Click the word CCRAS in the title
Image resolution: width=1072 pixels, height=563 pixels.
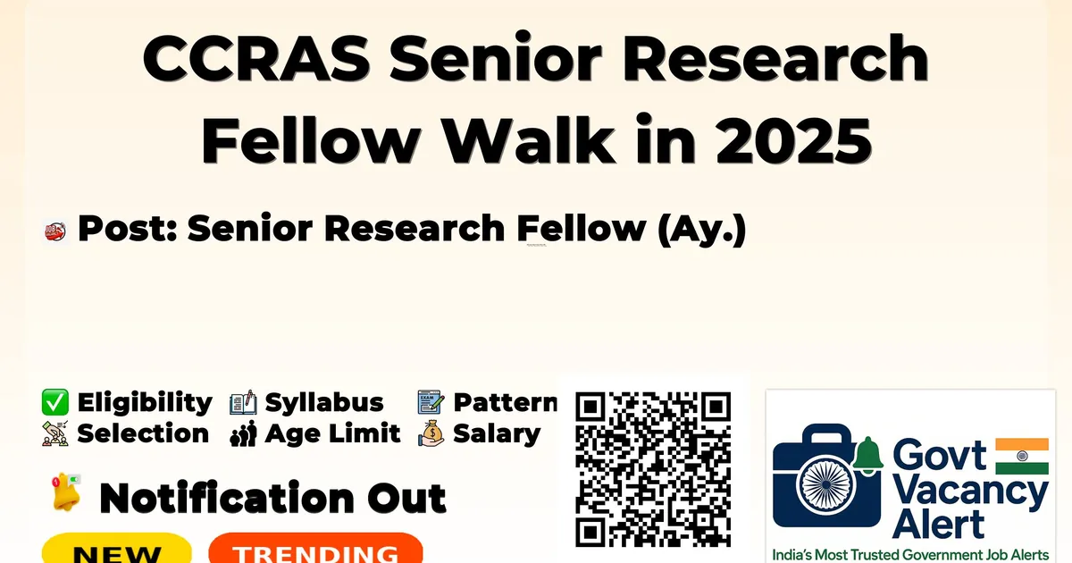(x=256, y=58)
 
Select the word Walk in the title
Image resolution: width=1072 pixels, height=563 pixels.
(x=529, y=139)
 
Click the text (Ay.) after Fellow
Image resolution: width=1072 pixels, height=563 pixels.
(x=701, y=230)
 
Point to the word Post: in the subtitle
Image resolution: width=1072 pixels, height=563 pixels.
(x=127, y=228)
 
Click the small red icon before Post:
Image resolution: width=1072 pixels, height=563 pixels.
(x=55, y=232)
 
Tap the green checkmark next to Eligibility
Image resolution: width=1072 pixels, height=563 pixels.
(x=55, y=402)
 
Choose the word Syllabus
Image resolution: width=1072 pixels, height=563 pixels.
(x=324, y=403)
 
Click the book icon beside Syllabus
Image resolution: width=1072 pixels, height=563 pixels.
(x=243, y=403)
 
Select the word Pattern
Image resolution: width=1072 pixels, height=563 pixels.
(x=506, y=402)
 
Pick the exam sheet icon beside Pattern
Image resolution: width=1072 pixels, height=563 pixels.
(x=431, y=401)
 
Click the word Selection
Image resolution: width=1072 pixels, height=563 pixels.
(x=143, y=433)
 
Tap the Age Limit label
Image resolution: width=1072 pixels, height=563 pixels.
(x=332, y=434)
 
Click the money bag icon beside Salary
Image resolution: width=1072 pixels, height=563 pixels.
(x=431, y=433)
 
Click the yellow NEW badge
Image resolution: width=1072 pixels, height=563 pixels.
(x=117, y=549)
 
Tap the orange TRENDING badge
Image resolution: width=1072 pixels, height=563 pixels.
(x=316, y=549)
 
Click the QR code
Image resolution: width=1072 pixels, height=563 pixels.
(x=653, y=469)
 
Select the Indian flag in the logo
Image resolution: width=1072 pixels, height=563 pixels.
(x=1022, y=456)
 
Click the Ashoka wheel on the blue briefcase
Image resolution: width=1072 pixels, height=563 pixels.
(x=826, y=484)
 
